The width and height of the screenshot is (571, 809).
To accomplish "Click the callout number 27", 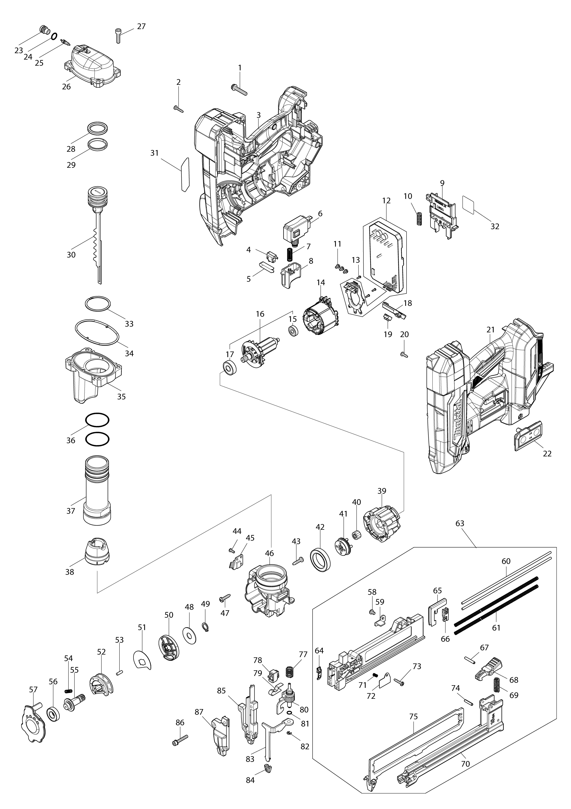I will pos(141,26).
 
